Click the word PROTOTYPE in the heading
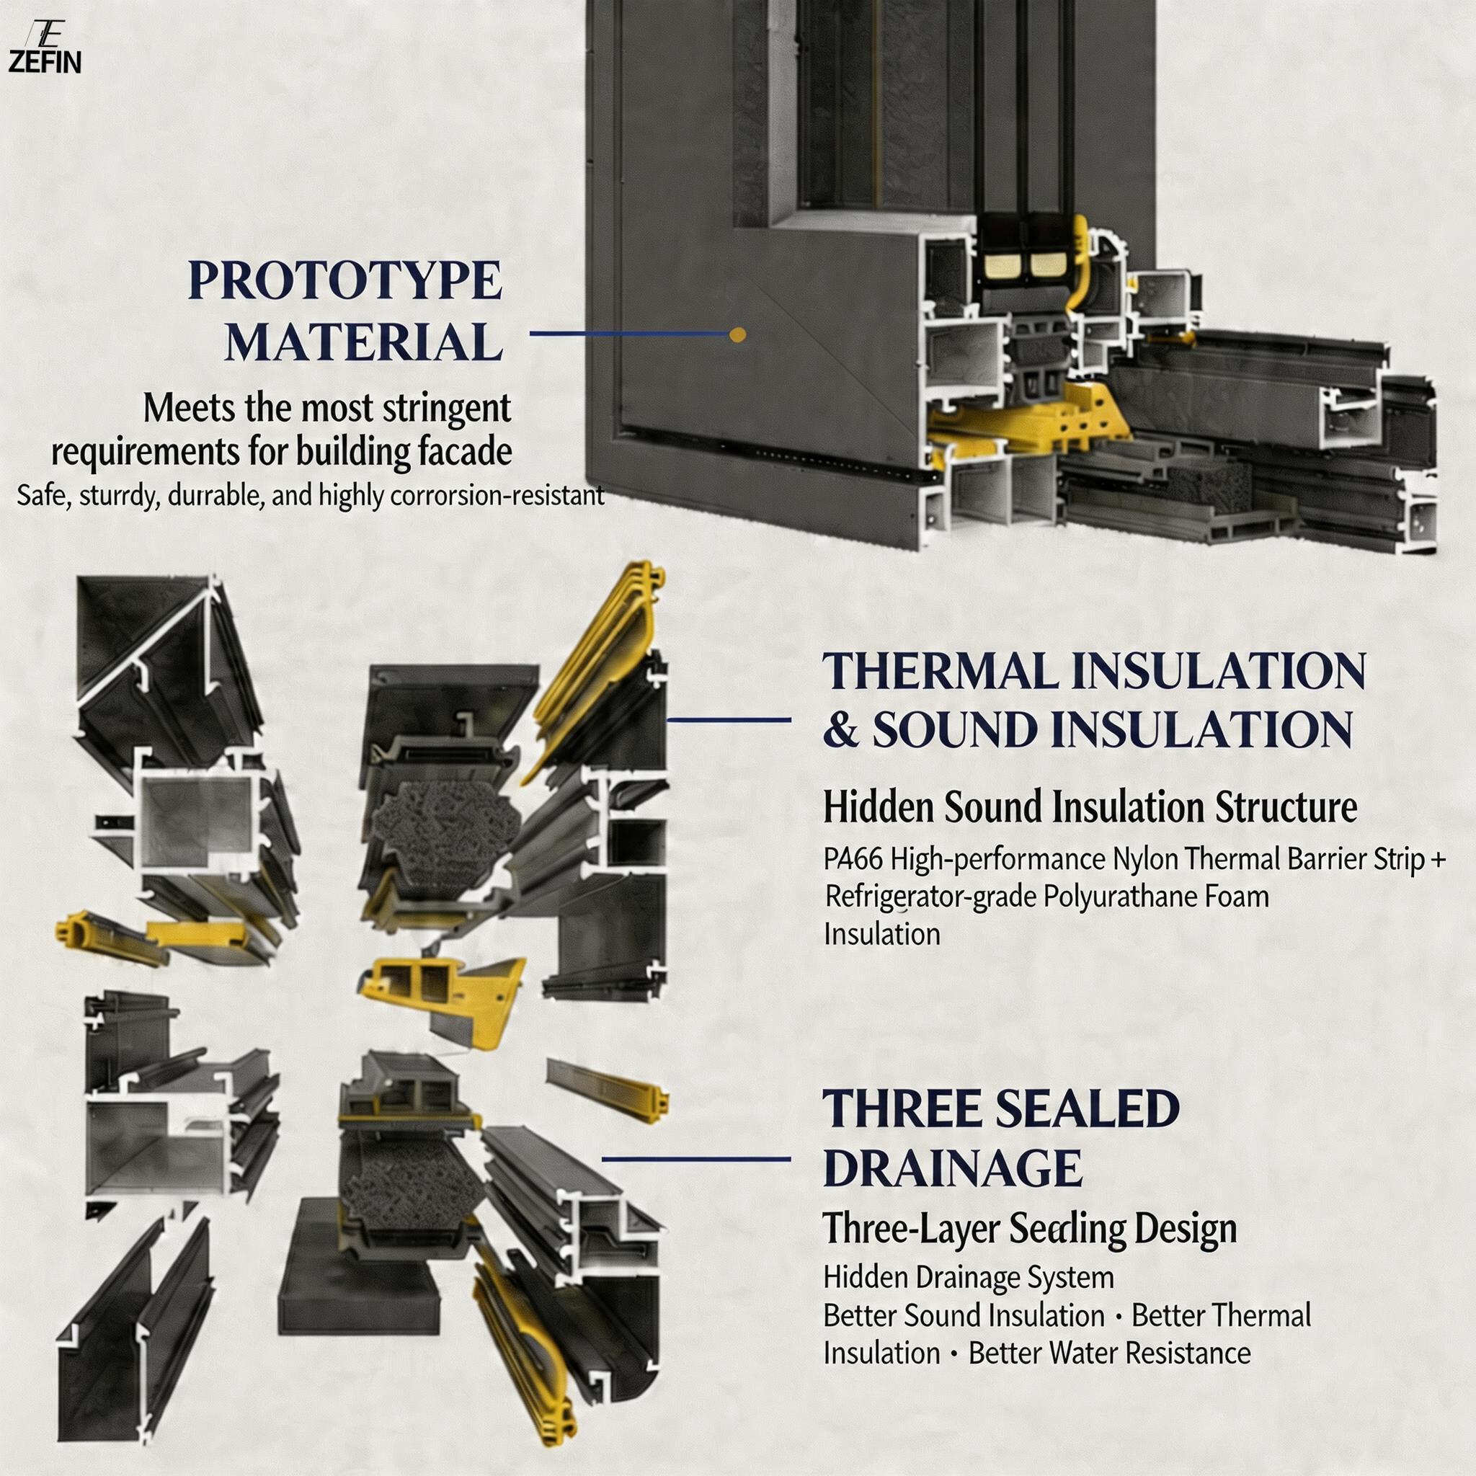pos(344,280)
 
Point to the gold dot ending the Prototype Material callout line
pos(737,334)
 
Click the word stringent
pos(446,409)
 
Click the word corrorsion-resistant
pos(497,496)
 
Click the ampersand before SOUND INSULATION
pos(841,730)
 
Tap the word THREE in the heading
pos(900,1109)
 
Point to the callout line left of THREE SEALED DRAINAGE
pos(696,1159)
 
